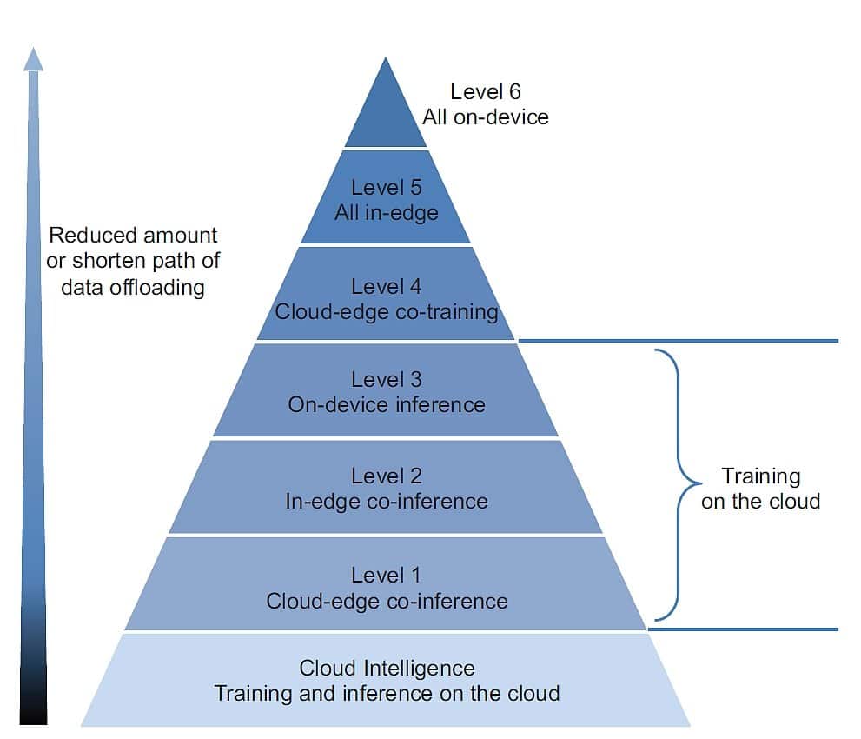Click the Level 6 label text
tap(486, 91)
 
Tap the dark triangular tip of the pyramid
tap(386, 113)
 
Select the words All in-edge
tap(387, 212)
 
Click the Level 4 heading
tap(387, 286)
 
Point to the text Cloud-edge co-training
tap(387, 311)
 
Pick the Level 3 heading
tap(387, 379)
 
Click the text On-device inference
tap(387, 404)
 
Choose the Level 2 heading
tap(387, 476)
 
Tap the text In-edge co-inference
tap(387, 502)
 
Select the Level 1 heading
tap(387, 575)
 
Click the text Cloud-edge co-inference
tap(387, 601)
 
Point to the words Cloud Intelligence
tap(387, 668)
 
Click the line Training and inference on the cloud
tap(387, 694)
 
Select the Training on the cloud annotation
tap(761, 489)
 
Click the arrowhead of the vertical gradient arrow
tap(33, 58)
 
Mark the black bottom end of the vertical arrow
tap(33, 709)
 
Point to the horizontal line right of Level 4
tap(678, 341)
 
